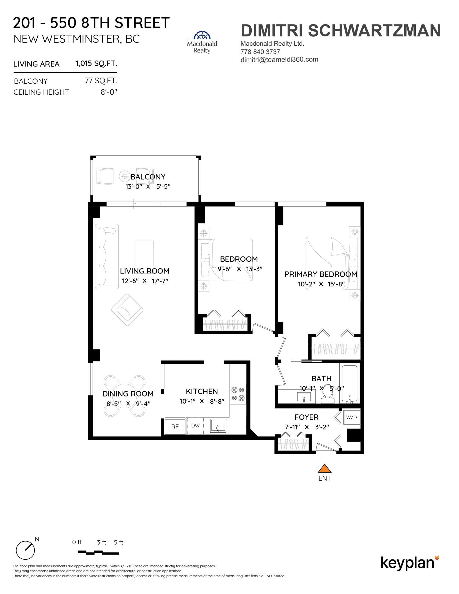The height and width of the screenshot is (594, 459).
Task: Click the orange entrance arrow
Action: [x=324, y=469]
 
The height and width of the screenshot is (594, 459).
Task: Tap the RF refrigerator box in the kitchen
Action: [x=175, y=426]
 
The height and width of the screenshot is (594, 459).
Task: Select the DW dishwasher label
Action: [x=195, y=426]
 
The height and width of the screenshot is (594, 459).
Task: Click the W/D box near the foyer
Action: [x=351, y=417]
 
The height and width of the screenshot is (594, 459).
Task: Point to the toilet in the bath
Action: [x=327, y=395]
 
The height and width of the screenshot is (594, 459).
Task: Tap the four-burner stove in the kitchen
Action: [x=238, y=394]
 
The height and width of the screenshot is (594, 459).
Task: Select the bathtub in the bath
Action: [x=349, y=384]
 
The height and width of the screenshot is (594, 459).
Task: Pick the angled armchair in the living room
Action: [x=127, y=310]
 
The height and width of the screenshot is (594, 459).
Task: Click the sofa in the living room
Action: [x=107, y=256]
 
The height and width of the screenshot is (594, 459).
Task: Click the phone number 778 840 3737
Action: [x=260, y=52]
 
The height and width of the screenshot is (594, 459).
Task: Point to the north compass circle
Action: [x=25, y=550]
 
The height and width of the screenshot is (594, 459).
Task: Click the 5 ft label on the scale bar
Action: [x=118, y=542]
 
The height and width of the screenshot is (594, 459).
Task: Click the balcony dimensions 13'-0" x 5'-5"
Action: [x=148, y=187]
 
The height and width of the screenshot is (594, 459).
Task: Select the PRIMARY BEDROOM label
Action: [x=321, y=274]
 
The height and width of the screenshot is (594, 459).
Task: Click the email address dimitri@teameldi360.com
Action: [x=279, y=60]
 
